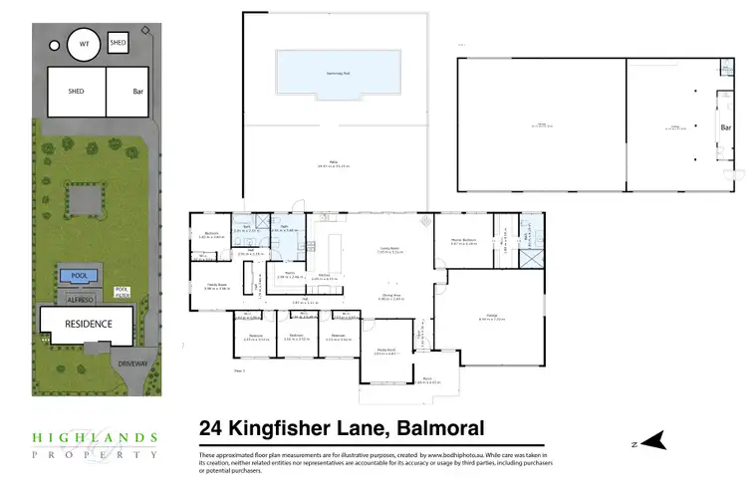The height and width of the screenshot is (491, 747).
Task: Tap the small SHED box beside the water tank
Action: coord(118,43)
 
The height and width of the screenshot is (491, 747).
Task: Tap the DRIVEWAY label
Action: coord(132,365)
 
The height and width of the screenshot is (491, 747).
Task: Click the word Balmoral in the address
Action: coord(440,429)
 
